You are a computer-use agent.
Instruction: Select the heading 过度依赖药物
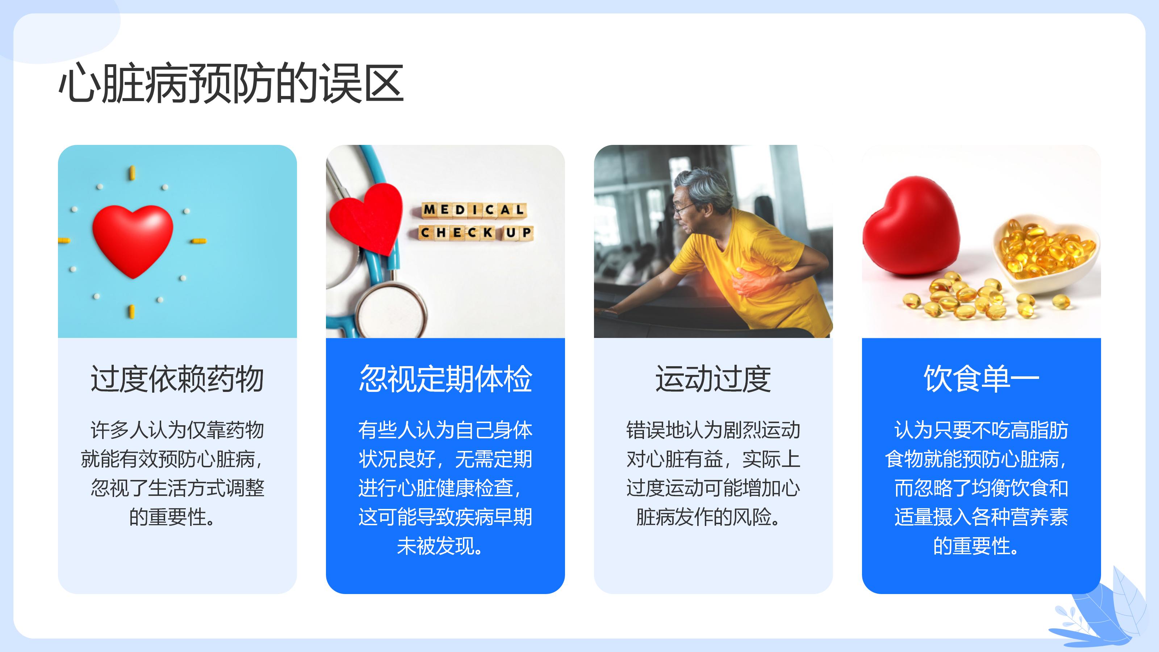pos(177,379)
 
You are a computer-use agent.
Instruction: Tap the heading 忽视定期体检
pos(445,379)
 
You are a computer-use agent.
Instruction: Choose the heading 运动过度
pos(713,379)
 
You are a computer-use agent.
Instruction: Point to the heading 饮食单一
pos(981,379)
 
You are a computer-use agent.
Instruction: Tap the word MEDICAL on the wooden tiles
pos(474,210)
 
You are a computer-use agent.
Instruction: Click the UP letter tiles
pos(518,233)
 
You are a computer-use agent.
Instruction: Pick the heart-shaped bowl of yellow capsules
pos(1046,254)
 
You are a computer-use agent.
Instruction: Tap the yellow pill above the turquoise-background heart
pos(132,173)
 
